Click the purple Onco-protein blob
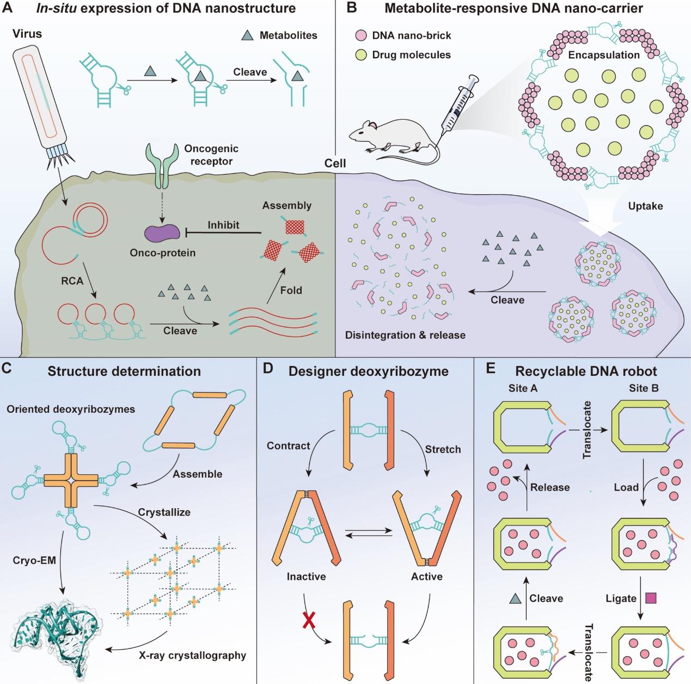[x=162, y=233]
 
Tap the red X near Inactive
[x=309, y=620]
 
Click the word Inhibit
[x=223, y=225]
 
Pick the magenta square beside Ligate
[x=651, y=598]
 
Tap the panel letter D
[x=268, y=369]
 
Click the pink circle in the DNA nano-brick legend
[x=360, y=35]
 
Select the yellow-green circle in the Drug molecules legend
[x=360, y=55]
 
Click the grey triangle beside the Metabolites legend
[x=248, y=35]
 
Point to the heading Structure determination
[x=124, y=371]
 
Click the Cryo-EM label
[x=34, y=560]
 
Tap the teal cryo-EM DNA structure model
[x=54, y=637]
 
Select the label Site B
[x=644, y=388]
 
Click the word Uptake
[x=645, y=206]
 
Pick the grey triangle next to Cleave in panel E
[x=515, y=598]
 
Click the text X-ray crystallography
[x=192, y=655]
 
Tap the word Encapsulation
[x=604, y=55]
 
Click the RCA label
[x=72, y=281]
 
